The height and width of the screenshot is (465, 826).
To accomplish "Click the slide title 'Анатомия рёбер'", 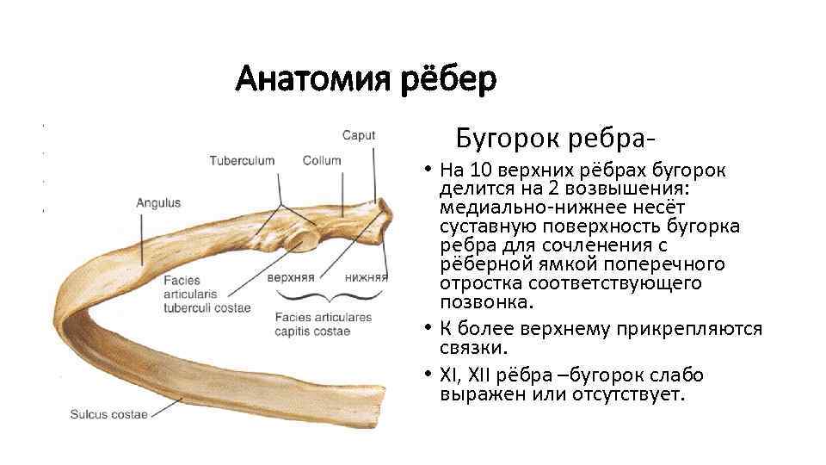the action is [366, 80].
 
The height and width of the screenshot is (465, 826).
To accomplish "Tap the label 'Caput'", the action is [358, 135].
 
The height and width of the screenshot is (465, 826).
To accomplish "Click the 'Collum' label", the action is [322, 160].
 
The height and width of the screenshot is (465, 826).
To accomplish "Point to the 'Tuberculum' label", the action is [242, 160].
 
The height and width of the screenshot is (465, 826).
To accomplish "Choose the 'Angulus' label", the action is [158, 203].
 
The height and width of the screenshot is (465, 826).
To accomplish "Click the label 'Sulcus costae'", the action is [108, 414].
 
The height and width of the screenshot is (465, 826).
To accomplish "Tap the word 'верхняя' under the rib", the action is [290, 278].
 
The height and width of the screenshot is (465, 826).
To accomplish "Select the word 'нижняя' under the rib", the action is [366, 278].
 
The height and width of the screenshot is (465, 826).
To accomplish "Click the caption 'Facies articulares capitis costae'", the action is [323, 324].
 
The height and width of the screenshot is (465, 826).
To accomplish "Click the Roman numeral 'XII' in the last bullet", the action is [482, 376].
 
